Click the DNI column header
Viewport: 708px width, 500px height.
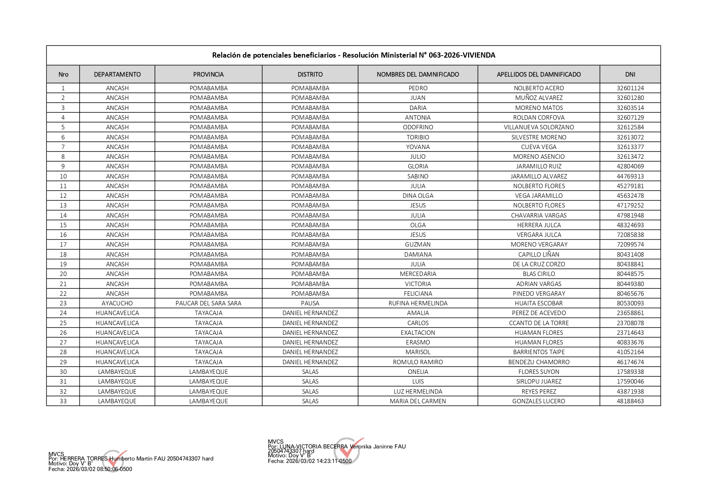(x=630, y=75)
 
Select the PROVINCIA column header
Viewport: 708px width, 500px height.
(x=208, y=75)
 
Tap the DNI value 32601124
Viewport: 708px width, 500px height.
(x=630, y=88)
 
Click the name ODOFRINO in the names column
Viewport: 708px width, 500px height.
(x=418, y=127)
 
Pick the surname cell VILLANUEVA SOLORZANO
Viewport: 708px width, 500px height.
(x=539, y=127)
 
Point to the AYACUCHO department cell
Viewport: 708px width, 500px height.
(x=117, y=303)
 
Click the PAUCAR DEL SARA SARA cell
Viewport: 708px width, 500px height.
(x=208, y=303)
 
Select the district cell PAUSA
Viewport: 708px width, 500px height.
(x=310, y=303)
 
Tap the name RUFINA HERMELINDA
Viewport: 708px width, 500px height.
(x=418, y=303)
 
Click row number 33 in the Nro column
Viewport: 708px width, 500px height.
(x=63, y=401)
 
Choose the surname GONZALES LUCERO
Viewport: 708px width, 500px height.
(x=539, y=401)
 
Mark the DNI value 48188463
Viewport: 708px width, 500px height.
(x=630, y=401)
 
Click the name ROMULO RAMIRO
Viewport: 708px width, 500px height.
(x=418, y=362)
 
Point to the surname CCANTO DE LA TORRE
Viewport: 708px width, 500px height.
(x=539, y=323)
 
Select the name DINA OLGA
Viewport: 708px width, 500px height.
(x=418, y=196)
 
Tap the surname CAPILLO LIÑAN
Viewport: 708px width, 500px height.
(x=539, y=255)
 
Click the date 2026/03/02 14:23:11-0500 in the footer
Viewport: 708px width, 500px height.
(x=318, y=461)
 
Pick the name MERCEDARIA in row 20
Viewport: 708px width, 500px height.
(x=418, y=274)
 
